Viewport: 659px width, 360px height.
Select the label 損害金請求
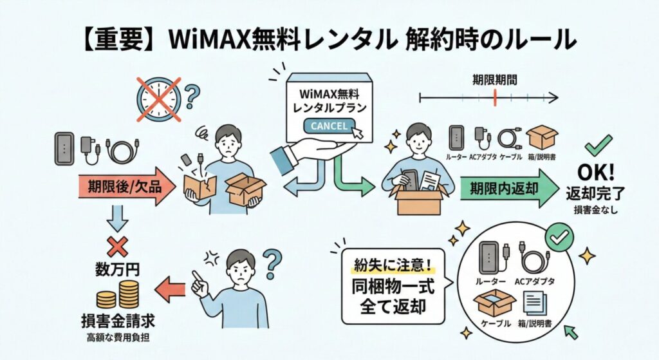point(118,321)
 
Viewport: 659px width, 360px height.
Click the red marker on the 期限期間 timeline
point(495,98)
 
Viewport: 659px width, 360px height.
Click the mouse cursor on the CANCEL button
point(357,133)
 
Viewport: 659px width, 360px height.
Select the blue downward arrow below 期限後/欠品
point(117,218)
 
